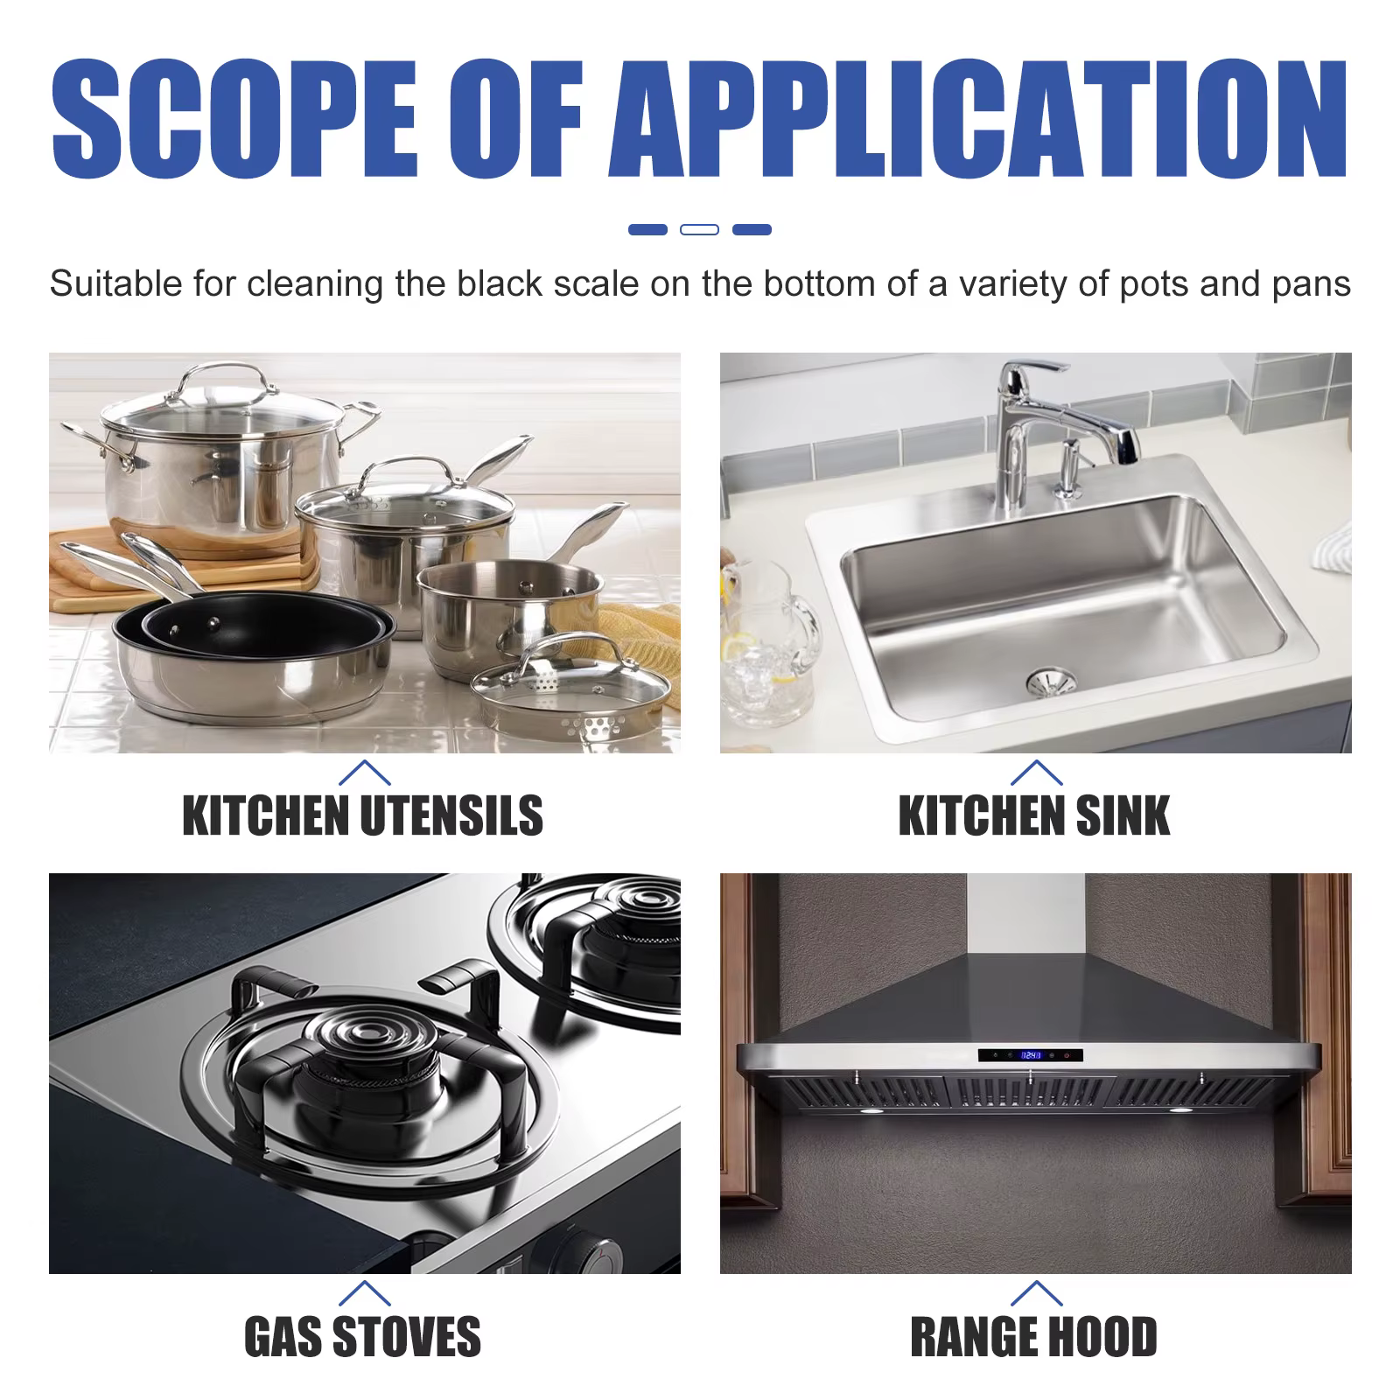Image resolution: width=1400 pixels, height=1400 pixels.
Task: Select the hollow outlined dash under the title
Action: pyautogui.click(x=699, y=229)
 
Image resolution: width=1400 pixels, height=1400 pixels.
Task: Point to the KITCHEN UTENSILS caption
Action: pyautogui.click(x=362, y=815)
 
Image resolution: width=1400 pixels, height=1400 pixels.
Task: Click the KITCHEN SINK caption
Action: pyautogui.click(x=1034, y=815)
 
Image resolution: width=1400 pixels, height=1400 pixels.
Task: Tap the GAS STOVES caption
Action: pyautogui.click(x=362, y=1336)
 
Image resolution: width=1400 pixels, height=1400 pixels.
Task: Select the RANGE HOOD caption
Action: pyautogui.click(x=1034, y=1336)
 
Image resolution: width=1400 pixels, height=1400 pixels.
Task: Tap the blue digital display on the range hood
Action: pyautogui.click(x=1031, y=1055)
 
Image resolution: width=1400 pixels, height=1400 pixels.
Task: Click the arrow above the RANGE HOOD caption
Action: pyautogui.click(x=1036, y=1293)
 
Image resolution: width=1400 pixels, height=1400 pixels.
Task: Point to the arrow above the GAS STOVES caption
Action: pyautogui.click(x=363, y=1293)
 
